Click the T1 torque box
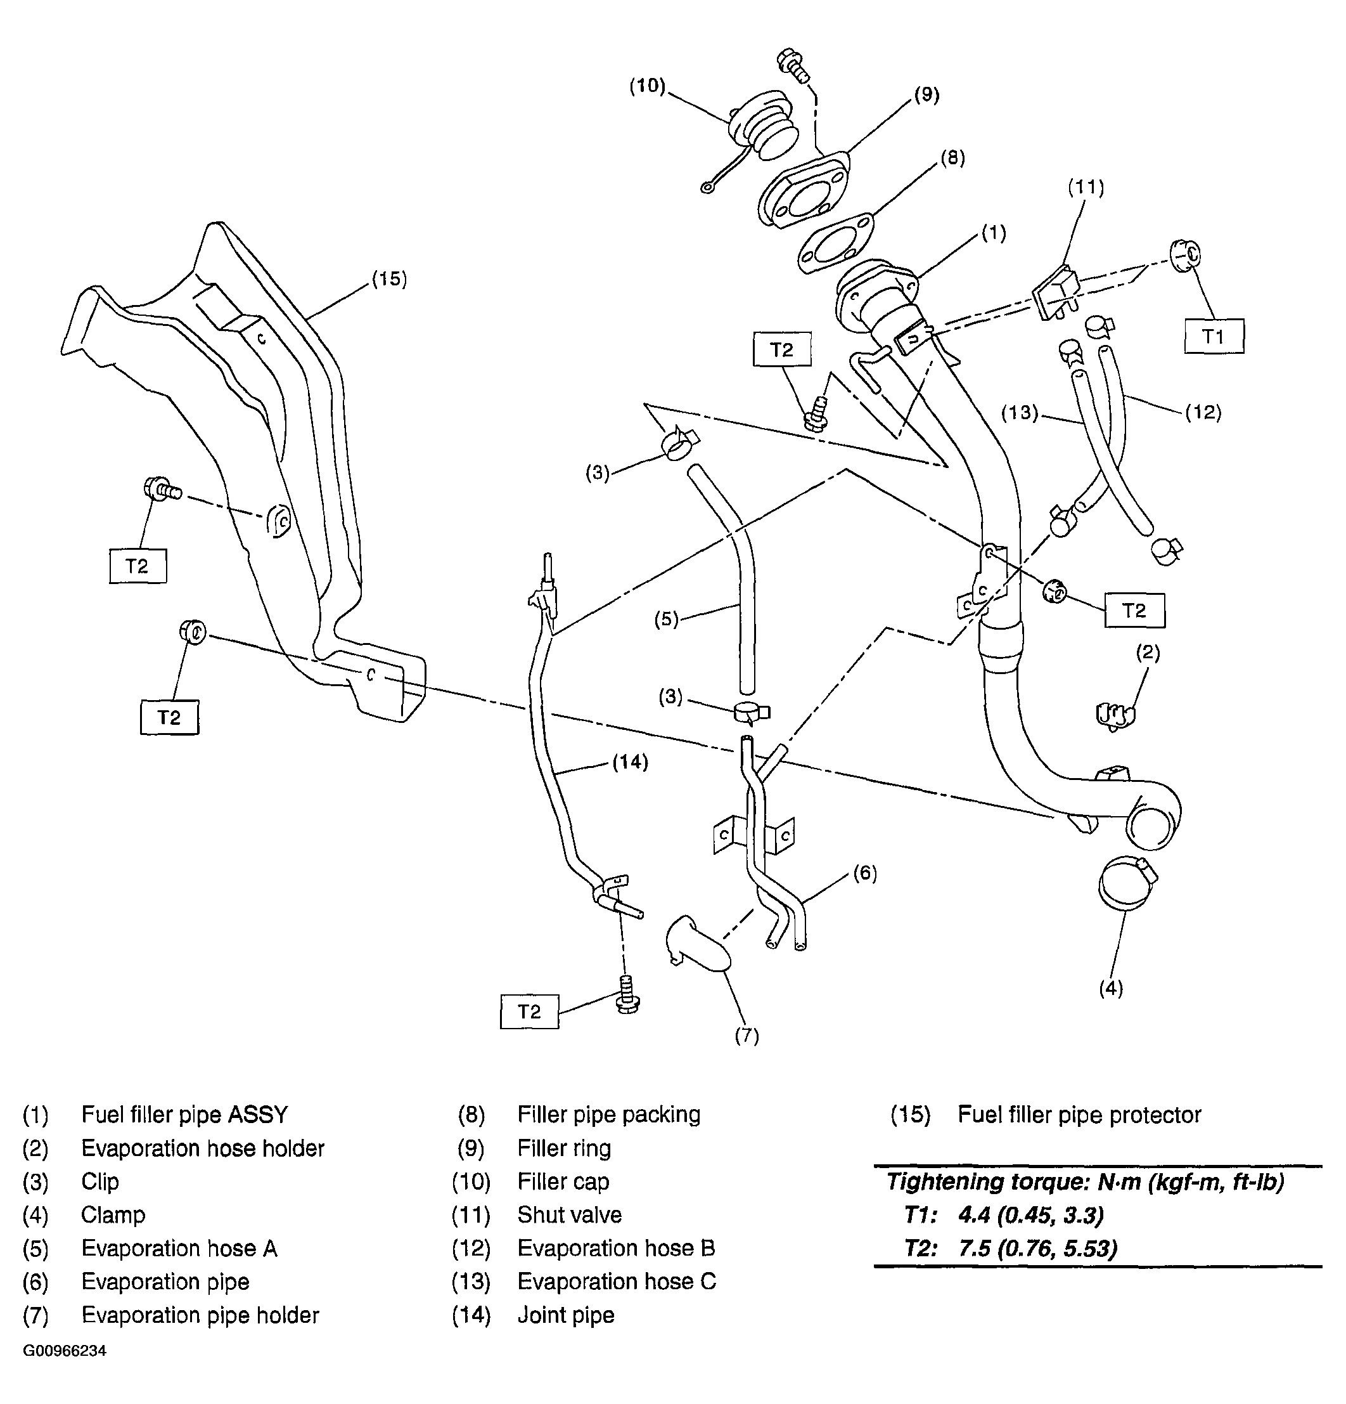[x=1213, y=336]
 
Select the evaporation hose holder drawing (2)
[x=1115, y=715]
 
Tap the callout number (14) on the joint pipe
[x=630, y=762]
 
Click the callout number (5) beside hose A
[x=666, y=619]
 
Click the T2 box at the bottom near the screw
[x=529, y=1011]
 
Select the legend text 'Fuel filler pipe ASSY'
[x=184, y=1115]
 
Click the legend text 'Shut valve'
[x=569, y=1215]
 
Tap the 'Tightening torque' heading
[x=1085, y=1181]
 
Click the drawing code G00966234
[x=65, y=1351]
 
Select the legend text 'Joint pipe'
[x=566, y=1315]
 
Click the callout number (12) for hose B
[x=1203, y=412]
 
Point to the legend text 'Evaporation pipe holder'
[x=200, y=1315]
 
